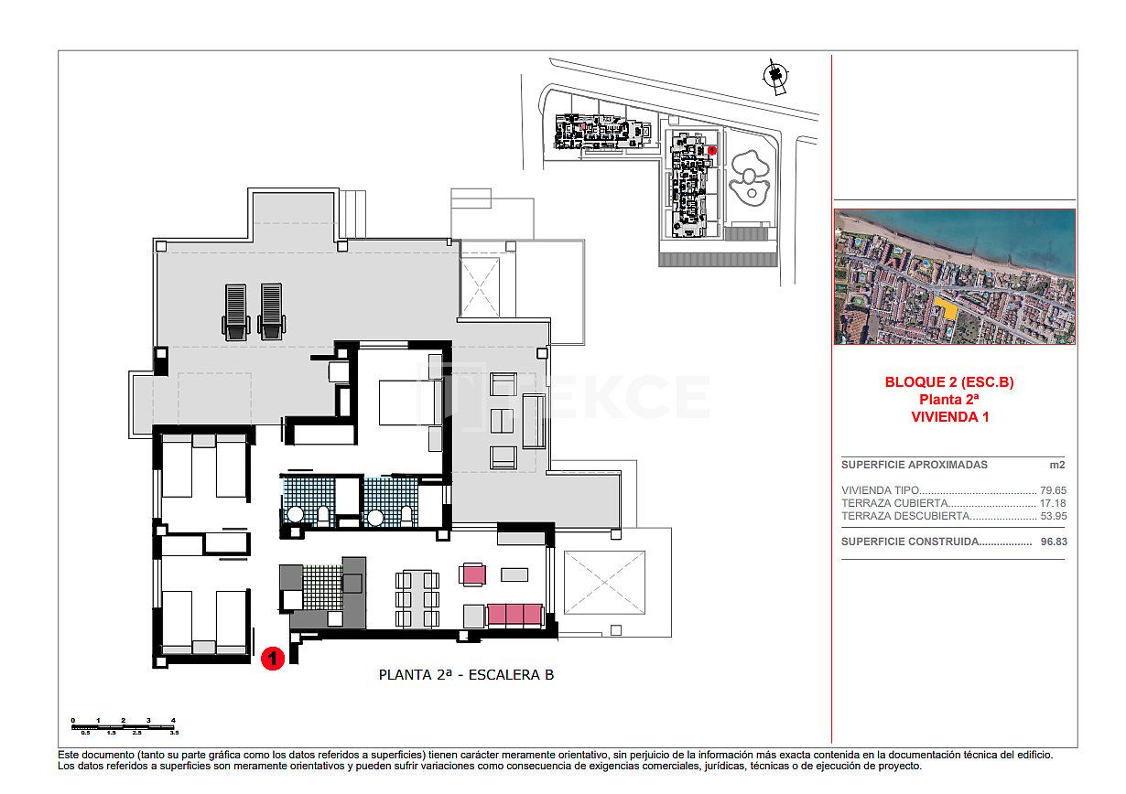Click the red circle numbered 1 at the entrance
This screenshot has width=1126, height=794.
[x=271, y=658]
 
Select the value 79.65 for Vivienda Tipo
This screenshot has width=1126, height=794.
[x=1053, y=490]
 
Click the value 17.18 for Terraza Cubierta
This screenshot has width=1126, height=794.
[x=1053, y=503]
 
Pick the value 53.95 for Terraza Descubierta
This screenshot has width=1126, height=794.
[x=1053, y=516]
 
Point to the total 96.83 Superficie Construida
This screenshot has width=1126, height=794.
[x=1053, y=542]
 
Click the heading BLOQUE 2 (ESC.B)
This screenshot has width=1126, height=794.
[x=949, y=382]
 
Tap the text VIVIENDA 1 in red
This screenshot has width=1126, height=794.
[x=949, y=416]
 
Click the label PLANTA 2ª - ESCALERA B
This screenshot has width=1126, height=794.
[x=466, y=675]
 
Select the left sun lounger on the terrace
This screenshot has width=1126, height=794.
[x=235, y=310]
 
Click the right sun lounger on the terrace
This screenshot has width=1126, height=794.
[x=271, y=310]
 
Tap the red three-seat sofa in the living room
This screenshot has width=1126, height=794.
[x=515, y=614]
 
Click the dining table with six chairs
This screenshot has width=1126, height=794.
[x=417, y=598]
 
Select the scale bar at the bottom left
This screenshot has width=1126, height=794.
[x=124, y=726]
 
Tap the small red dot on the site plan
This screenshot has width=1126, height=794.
[x=712, y=150]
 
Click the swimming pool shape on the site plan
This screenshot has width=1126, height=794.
[x=749, y=176]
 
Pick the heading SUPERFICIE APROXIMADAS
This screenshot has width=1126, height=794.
[x=914, y=465]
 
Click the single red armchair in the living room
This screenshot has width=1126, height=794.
[x=473, y=574]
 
